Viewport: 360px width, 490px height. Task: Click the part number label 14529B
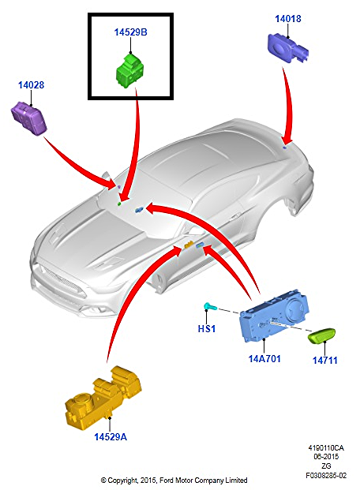click(130, 32)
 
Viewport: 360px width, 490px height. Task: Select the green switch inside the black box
click(130, 71)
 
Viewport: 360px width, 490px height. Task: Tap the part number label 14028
click(31, 85)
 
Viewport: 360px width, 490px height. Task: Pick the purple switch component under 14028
click(28, 118)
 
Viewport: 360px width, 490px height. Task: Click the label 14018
click(288, 19)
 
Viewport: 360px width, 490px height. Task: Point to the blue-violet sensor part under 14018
click(287, 48)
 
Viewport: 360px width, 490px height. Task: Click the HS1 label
click(207, 329)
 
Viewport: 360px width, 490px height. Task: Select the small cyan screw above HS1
click(210, 307)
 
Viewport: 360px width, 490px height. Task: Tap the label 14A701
click(264, 358)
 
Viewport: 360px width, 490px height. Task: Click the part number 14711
click(325, 361)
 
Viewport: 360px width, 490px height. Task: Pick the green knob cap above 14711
click(322, 335)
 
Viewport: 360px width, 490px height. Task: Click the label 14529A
click(111, 436)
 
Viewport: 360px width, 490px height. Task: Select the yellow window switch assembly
click(103, 398)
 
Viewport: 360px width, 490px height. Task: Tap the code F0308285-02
click(326, 476)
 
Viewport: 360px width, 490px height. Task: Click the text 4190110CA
click(326, 448)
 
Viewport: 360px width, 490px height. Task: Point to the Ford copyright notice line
click(174, 481)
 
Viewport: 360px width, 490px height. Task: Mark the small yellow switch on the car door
click(189, 245)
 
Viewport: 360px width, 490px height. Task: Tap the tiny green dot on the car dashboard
click(119, 204)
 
